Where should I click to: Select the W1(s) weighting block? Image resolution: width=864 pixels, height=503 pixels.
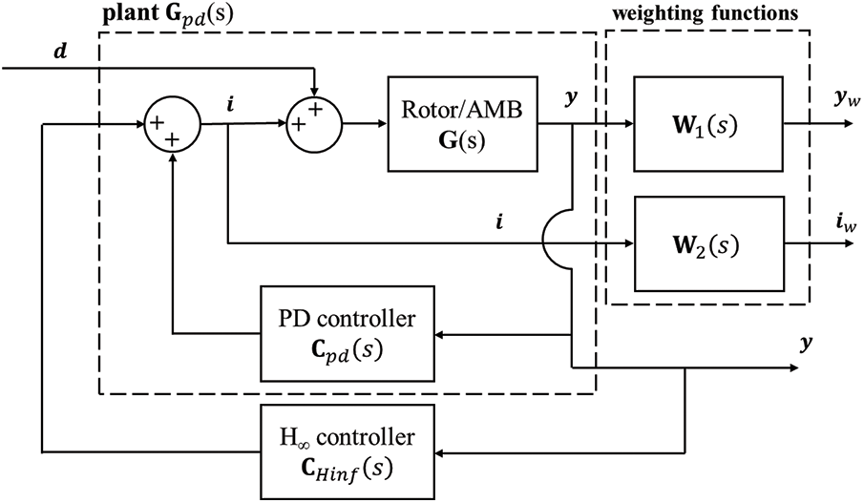pyautogui.click(x=708, y=123)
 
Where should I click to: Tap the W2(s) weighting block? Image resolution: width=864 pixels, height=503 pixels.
pyautogui.click(x=708, y=244)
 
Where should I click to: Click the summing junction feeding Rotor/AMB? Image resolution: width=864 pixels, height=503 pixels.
pyautogui.click(x=315, y=123)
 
